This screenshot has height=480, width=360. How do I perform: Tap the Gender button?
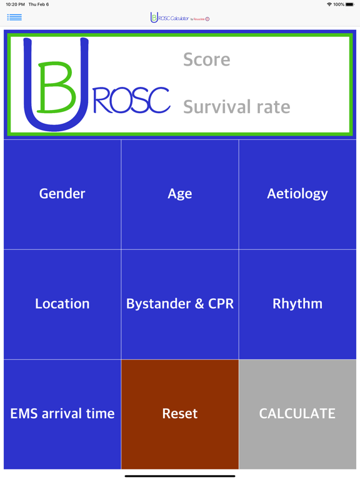(x=62, y=194)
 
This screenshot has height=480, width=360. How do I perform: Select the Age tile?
(x=180, y=194)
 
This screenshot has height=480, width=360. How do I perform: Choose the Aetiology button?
(x=297, y=194)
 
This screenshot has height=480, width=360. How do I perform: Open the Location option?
(x=62, y=304)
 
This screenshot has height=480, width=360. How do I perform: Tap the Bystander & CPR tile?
(x=180, y=304)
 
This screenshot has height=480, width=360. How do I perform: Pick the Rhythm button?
(x=297, y=304)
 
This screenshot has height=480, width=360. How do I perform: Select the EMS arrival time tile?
(x=62, y=414)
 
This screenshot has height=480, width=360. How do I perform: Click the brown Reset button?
(x=180, y=414)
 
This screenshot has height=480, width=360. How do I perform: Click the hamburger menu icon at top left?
(x=14, y=17)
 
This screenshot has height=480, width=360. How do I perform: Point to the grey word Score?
(x=206, y=60)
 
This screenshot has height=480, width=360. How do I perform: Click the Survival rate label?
(x=236, y=107)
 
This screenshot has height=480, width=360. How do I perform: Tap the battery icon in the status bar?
(x=350, y=4)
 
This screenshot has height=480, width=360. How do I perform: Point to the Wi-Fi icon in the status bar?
(x=329, y=4)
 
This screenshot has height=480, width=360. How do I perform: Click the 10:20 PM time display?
(x=15, y=4)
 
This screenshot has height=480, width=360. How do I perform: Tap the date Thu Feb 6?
(x=39, y=4)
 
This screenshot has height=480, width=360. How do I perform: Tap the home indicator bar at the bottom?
(x=180, y=476)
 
